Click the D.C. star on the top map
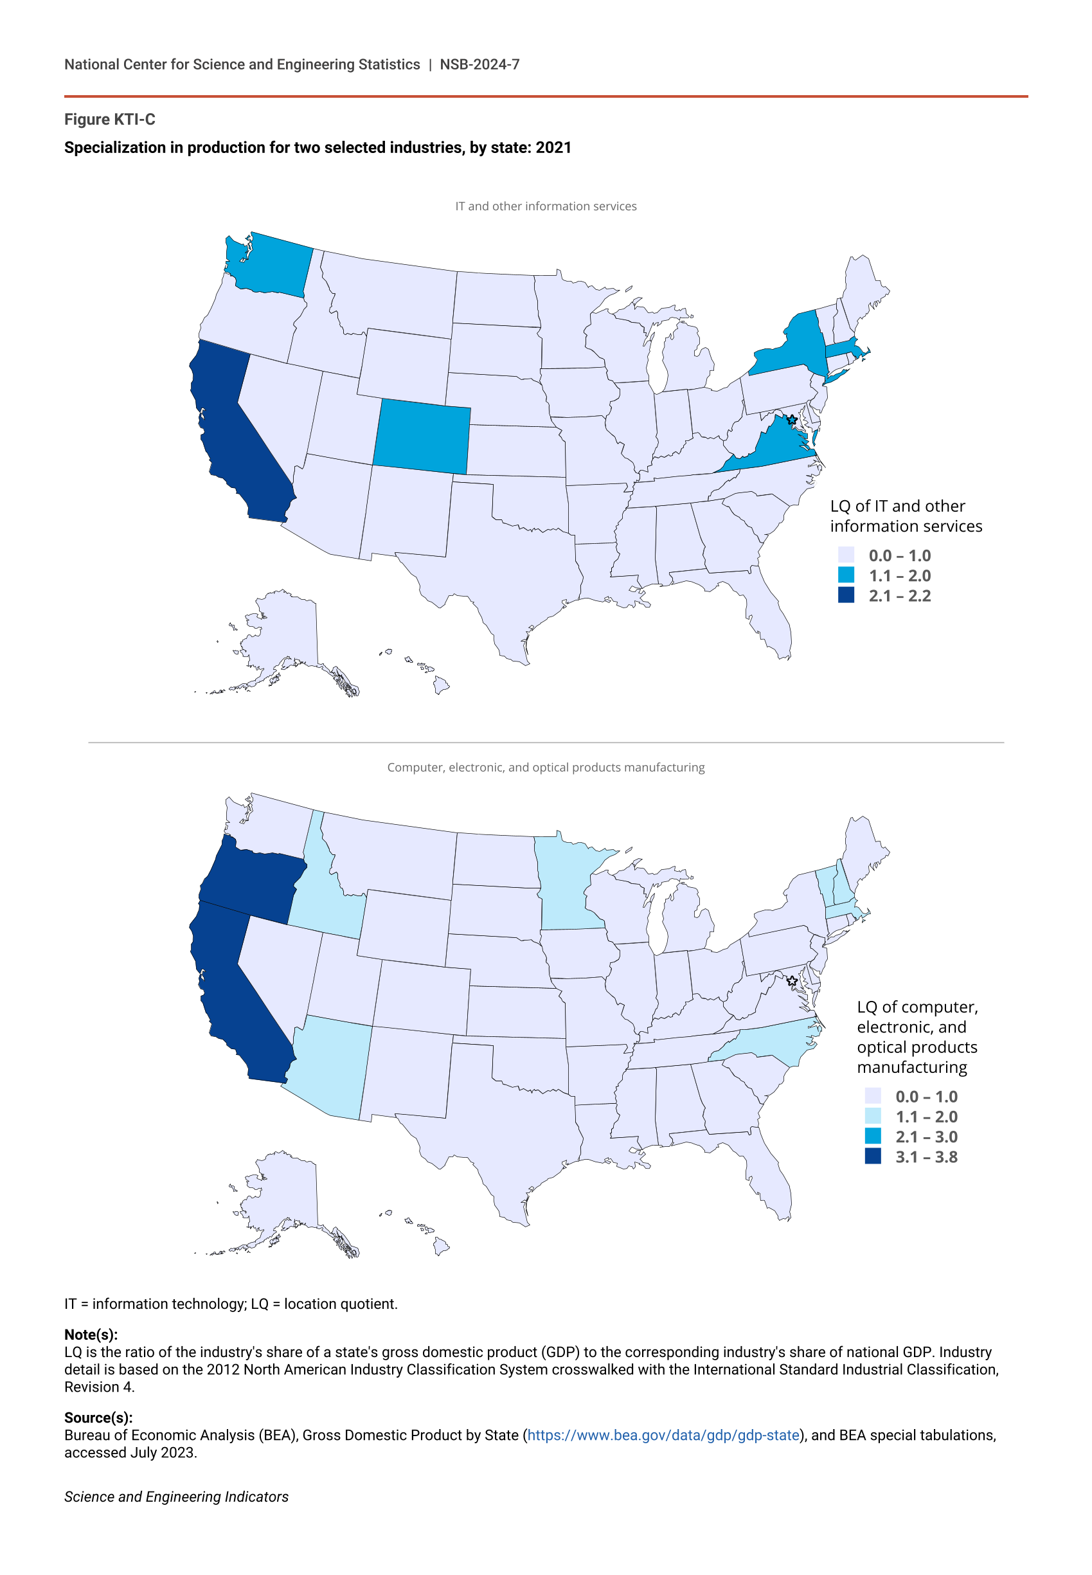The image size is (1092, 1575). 792,419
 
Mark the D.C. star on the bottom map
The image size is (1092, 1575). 792,980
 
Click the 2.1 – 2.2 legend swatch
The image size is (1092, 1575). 846,595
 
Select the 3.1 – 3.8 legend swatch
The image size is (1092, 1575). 872,1156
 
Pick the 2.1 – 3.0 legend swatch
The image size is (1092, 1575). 872,1137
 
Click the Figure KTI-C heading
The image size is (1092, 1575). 109,120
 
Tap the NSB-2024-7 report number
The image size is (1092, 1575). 479,64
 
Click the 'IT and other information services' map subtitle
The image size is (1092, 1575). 545,206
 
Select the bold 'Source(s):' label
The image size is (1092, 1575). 98,1417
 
